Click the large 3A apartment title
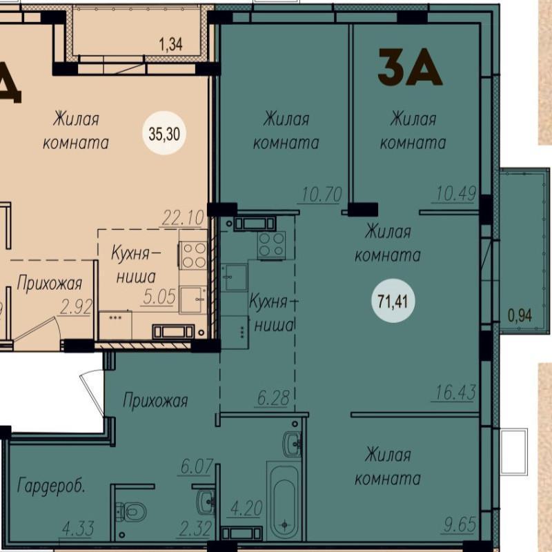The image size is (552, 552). [x=409, y=67]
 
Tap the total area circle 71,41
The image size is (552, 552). [x=393, y=301]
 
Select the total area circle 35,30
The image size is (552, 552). [x=164, y=133]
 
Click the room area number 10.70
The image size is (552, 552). [x=322, y=195]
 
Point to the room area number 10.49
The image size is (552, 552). [x=456, y=193]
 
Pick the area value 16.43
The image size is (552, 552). [x=455, y=392]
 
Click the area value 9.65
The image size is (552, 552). [x=460, y=524]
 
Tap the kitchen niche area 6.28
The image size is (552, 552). [x=273, y=398]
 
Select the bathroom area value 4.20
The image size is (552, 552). [x=246, y=509]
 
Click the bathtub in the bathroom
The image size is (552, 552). [x=284, y=502]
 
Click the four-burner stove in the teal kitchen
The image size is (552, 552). [x=271, y=245]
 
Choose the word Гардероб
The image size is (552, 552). [x=51, y=486]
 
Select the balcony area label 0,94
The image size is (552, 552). [x=520, y=315]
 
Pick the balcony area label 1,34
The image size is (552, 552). [x=170, y=45]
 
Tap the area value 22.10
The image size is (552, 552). [x=183, y=217]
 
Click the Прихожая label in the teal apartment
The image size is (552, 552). [x=155, y=400]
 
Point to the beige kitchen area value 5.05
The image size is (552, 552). [x=159, y=297]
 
